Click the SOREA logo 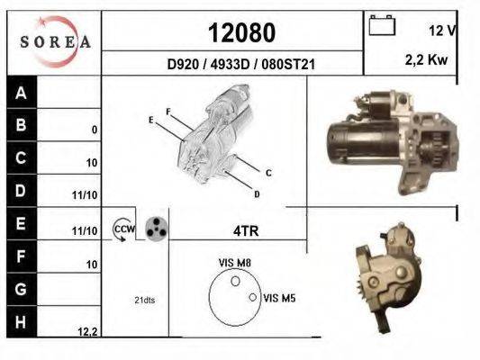pos(56,41)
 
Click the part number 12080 pos(242,32)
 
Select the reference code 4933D pos(231,65)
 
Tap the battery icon pos(382,25)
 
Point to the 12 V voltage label pos(443,31)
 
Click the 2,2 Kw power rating pos(427,59)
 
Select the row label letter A pos(21,93)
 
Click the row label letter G pos(21,289)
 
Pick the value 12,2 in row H pos(87,331)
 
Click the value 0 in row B pos(95,130)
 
